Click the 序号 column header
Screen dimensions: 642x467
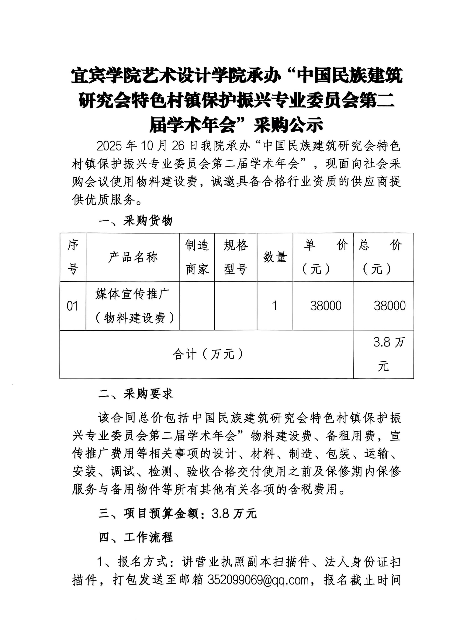pyautogui.click(x=73, y=257)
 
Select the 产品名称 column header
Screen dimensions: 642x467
pyautogui.click(x=133, y=257)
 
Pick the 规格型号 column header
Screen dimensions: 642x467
pyautogui.click(x=236, y=257)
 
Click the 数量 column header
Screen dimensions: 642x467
pyautogui.click(x=275, y=257)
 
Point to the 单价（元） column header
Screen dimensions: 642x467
pyautogui.click(x=323, y=257)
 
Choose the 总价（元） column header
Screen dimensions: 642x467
pyautogui.click(x=383, y=257)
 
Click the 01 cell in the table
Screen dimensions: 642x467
pyautogui.click(x=73, y=306)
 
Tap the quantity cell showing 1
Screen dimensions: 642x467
pyautogui.click(x=274, y=306)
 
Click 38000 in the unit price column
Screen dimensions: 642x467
pyautogui.click(x=326, y=306)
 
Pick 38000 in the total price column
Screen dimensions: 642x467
pyautogui.click(x=389, y=306)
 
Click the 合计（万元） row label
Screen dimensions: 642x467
pyautogui.click(x=208, y=354)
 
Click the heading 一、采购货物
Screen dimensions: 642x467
pyautogui.click(x=135, y=221)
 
